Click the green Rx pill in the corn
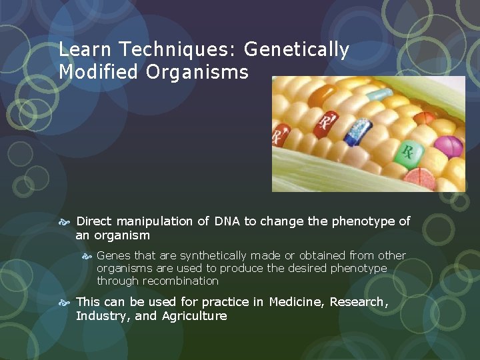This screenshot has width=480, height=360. (407, 153)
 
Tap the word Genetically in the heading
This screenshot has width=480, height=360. (297, 49)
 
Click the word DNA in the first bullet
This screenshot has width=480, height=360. (227, 221)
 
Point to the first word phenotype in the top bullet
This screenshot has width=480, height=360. (361, 221)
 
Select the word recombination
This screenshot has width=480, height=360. (180, 281)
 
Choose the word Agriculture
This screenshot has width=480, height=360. (195, 316)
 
